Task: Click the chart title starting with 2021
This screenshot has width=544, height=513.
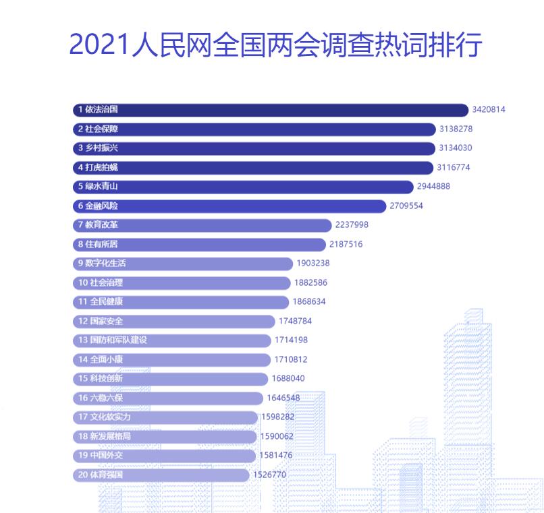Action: click(x=275, y=44)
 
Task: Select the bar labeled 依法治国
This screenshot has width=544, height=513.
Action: click(x=270, y=109)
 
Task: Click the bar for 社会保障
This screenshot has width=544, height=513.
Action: click(x=254, y=129)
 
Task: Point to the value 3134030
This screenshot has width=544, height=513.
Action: click(x=455, y=148)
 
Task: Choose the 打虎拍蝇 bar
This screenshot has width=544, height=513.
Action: click(x=252, y=167)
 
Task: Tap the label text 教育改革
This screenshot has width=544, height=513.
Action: click(x=102, y=225)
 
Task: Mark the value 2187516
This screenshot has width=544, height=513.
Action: click(x=346, y=244)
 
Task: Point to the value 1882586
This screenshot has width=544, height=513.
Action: click(x=310, y=282)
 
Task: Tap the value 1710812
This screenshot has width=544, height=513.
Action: click(x=291, y=360)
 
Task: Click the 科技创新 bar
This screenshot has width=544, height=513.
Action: click(x=170, y=379)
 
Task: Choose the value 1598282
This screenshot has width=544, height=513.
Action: click(x=277, y=417)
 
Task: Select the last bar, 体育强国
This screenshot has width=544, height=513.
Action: click(x=161, y=475)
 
